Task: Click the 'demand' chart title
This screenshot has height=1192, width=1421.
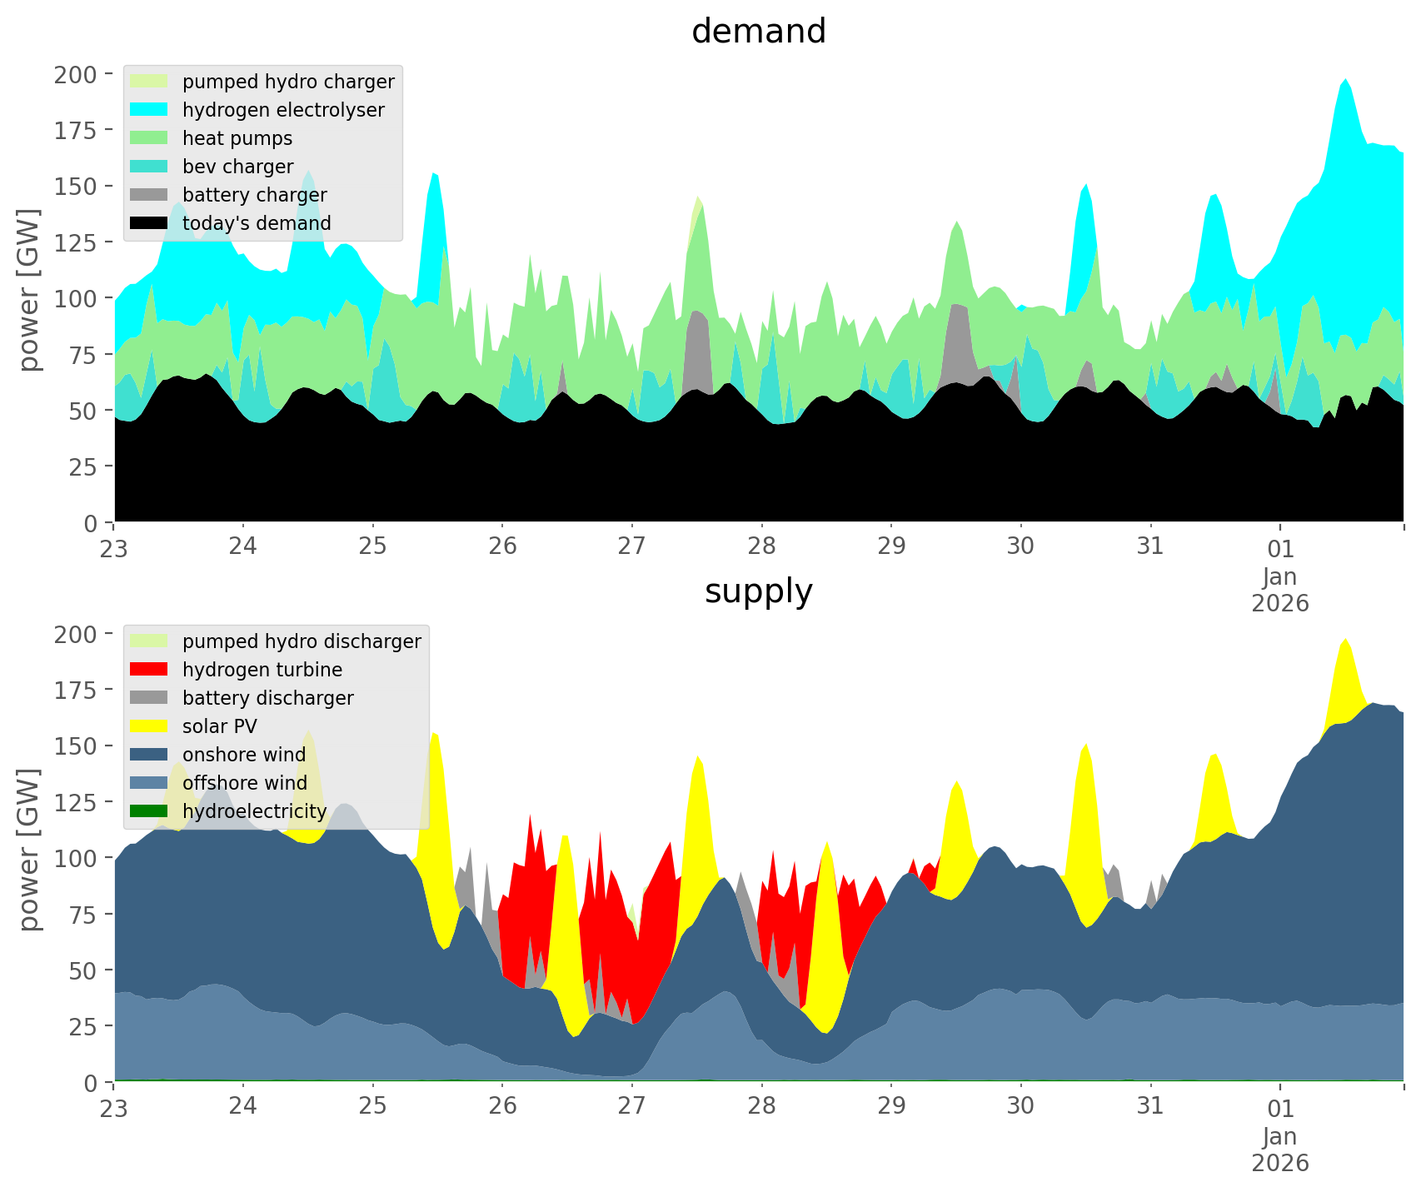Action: point(758,32)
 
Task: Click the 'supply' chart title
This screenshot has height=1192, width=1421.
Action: point(758,591)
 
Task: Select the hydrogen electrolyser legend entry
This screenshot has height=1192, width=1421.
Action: point(283,110)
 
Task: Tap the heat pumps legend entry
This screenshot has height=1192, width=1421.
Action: point(237,138)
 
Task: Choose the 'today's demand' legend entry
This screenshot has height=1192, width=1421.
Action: point(257,223)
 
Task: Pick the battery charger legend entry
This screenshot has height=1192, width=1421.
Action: point(254,195)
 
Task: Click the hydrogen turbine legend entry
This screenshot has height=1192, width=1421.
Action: point(262,670)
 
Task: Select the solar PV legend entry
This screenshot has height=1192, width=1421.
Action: point(220,726)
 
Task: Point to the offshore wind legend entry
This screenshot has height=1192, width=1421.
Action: point(244,783)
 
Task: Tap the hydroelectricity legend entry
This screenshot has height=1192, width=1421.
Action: point(254,811)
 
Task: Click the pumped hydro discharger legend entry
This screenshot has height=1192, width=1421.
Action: point(302,641)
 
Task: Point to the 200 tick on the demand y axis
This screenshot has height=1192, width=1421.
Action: point(75,74)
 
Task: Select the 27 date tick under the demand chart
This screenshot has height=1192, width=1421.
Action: point(632,546)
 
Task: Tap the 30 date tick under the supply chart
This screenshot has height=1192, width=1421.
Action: point(1020,1106)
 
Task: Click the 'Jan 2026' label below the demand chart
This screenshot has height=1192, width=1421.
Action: point(1279,589)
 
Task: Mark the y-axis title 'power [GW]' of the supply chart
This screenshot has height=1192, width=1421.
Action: point(29,850)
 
